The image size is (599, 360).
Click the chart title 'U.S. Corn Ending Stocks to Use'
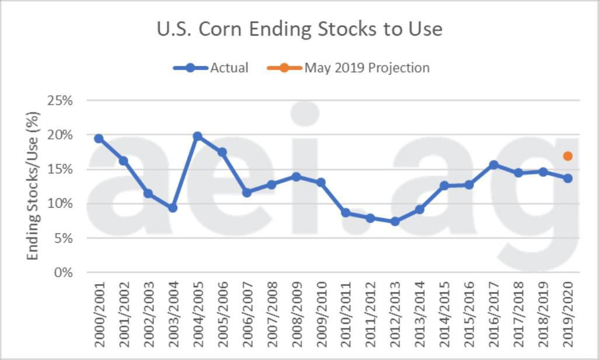click(299, 29)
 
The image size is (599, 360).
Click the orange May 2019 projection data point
click(567, 156)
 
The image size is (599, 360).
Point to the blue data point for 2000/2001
click(99, 138)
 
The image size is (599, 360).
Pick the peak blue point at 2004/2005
click(197, 136)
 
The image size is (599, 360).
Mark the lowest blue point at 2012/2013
click(395, 222)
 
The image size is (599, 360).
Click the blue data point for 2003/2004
click(173, 208)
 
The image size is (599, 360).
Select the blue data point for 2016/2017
click(493, 165)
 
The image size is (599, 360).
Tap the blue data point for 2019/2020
click(567, 178)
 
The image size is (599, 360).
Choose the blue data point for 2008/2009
click(296, 176)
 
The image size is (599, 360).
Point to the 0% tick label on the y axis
click(64, 272)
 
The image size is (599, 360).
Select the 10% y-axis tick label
click(60, 204)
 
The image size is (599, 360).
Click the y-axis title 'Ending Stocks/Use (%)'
click(33, 187)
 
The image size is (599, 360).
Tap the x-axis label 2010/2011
click(346, 314)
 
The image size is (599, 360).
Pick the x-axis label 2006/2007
click(248, 314)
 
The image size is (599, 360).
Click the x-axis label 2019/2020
click(568, 314)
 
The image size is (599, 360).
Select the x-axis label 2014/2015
click(445, 314)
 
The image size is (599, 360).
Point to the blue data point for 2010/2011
click(346, 213)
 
